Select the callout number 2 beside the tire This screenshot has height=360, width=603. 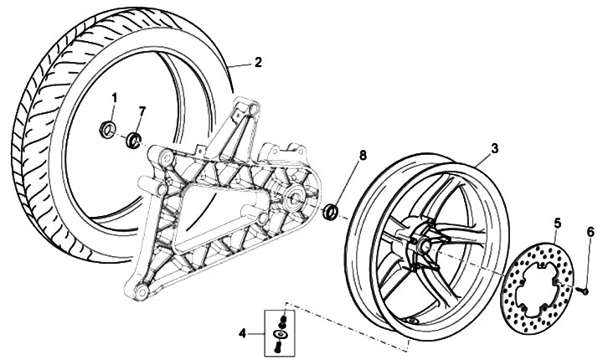(x=258, y=62)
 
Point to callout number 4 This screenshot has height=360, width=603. (x=242, y=333)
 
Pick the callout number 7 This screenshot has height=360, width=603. (x=142, y=111)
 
